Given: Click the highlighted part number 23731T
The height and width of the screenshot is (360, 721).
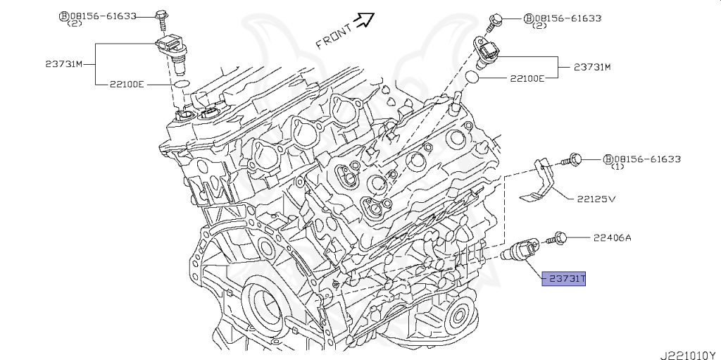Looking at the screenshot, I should coord(563,280).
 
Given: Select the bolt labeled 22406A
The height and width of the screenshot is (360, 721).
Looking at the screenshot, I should coord(560,238).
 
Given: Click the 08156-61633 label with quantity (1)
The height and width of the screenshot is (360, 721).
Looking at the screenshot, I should coord(641,159).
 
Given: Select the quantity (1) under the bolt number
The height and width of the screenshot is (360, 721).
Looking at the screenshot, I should coord(617,168).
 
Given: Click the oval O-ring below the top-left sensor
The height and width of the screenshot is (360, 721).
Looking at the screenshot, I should coord(181,84).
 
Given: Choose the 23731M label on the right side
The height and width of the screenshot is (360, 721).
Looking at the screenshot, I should coord(591,67).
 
